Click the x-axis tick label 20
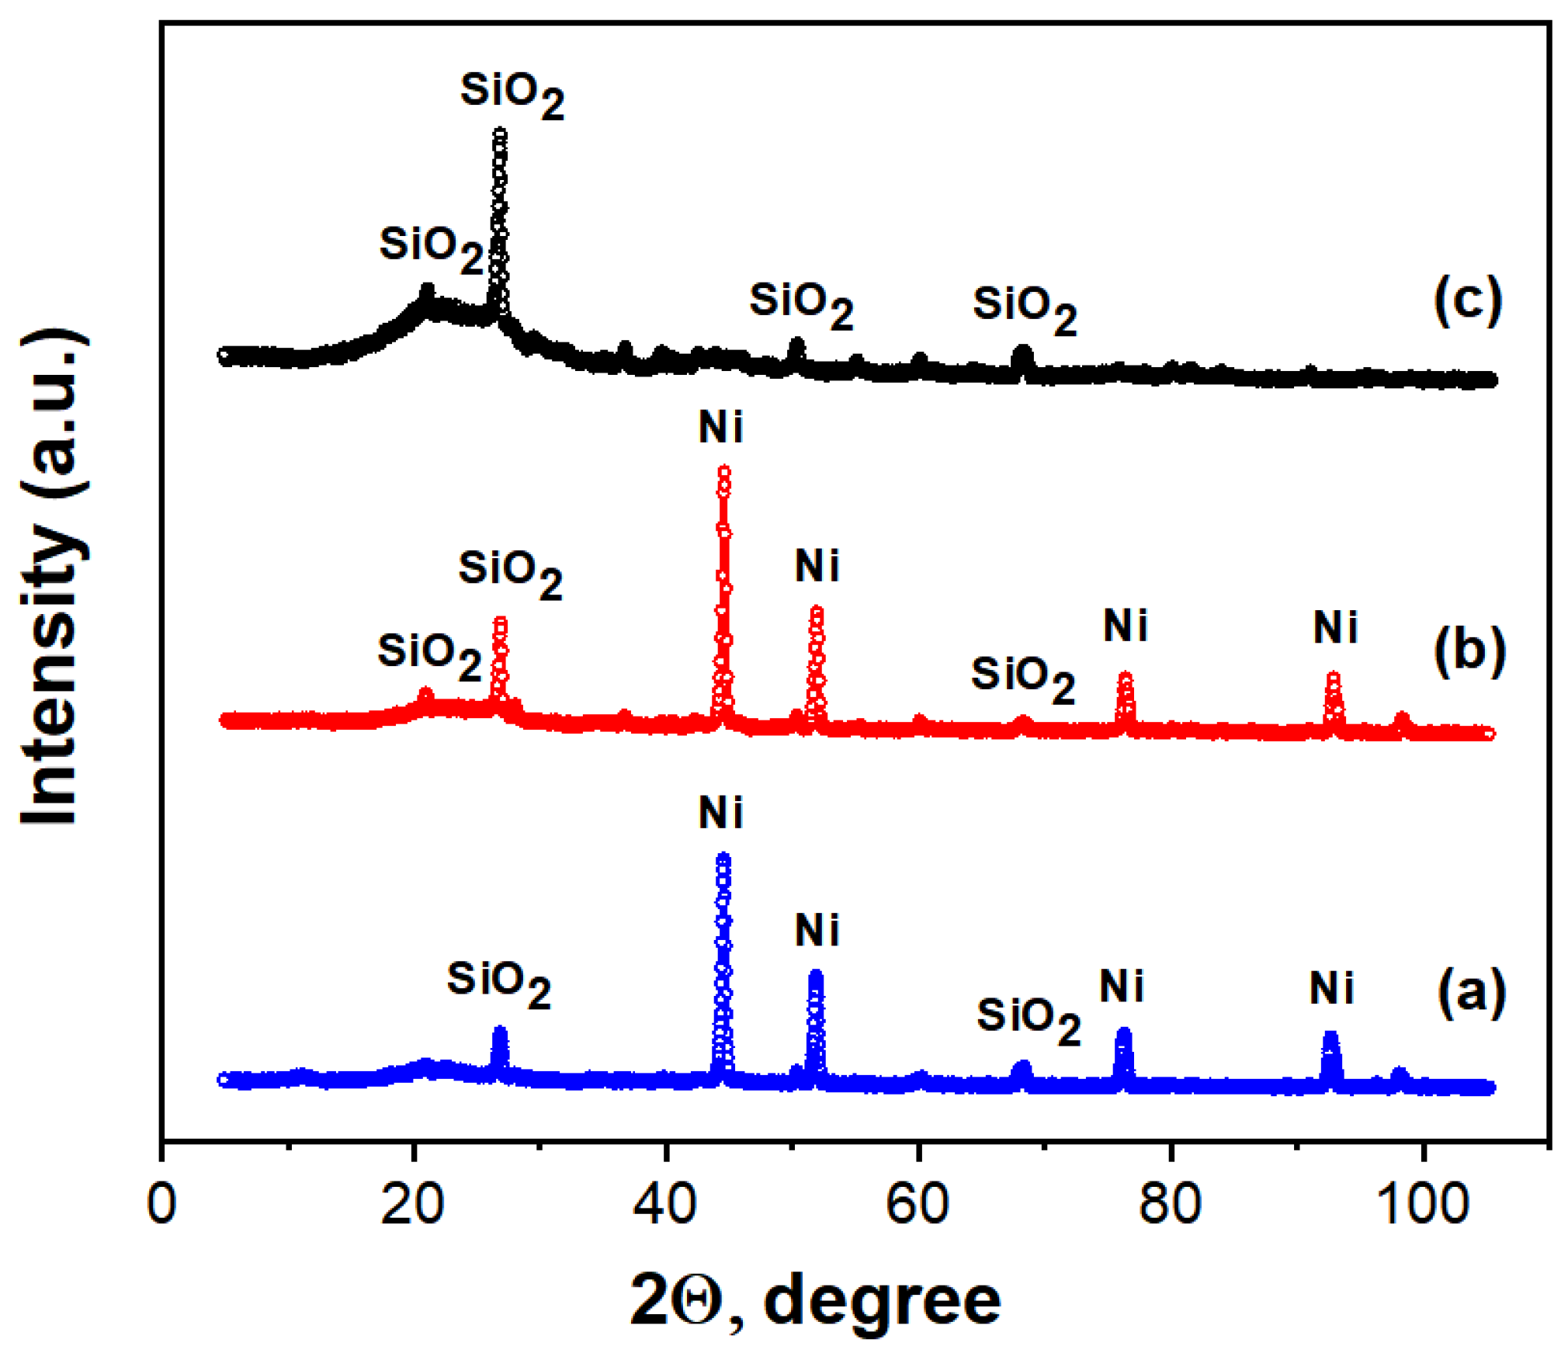412,1204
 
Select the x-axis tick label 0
161,1204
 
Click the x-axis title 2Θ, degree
815,1300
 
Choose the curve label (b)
1469,651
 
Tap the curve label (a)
1471,993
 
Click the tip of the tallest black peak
500,134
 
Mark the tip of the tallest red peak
723,470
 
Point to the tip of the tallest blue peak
723,857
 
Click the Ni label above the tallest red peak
720,428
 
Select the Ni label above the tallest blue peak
720,813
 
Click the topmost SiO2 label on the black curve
512,94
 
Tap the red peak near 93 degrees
1333,677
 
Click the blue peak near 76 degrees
1123,1033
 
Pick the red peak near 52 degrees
816,612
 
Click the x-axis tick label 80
1170,1204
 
